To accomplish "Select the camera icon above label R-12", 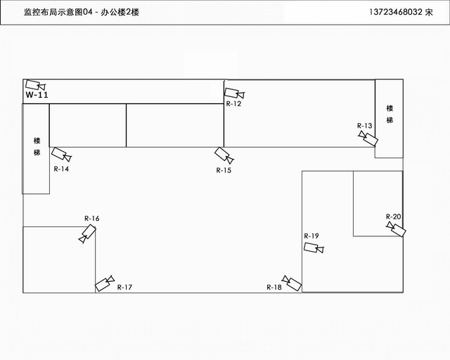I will pyautogui.click(x=234, y=93).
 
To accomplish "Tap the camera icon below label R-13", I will pyautogui.click(x=367, y=138).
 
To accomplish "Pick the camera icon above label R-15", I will pyautogui.click(x=224, y=155).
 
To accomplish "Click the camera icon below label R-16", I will pyautogui.click(x=88, y=234).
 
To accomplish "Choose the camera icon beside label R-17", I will pyautogui.click(x=105, y=283).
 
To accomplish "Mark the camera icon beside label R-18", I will pyautogui.click(x=291, y=283).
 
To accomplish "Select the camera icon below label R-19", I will pyautogui.click(x=314, y=247).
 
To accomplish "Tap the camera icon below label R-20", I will pyautogui.click(x=395, y=228).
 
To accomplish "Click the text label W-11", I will pyautogui.click(x=37, y=96).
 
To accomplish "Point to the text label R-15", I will pyautogui.click(x=224, y=170).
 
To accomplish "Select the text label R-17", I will pyautogui.click(x=124, y=287).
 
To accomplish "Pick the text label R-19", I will pyautogui.click(x=311, y=236).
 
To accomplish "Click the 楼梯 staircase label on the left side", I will pyautogui.click(x=37, y=146).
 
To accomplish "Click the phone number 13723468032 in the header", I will pyautogui.click(x=395, y=13).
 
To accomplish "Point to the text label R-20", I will pyautogui.click(x=394, y=216).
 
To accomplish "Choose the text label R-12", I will pyautogui.click(x=234, y=104).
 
